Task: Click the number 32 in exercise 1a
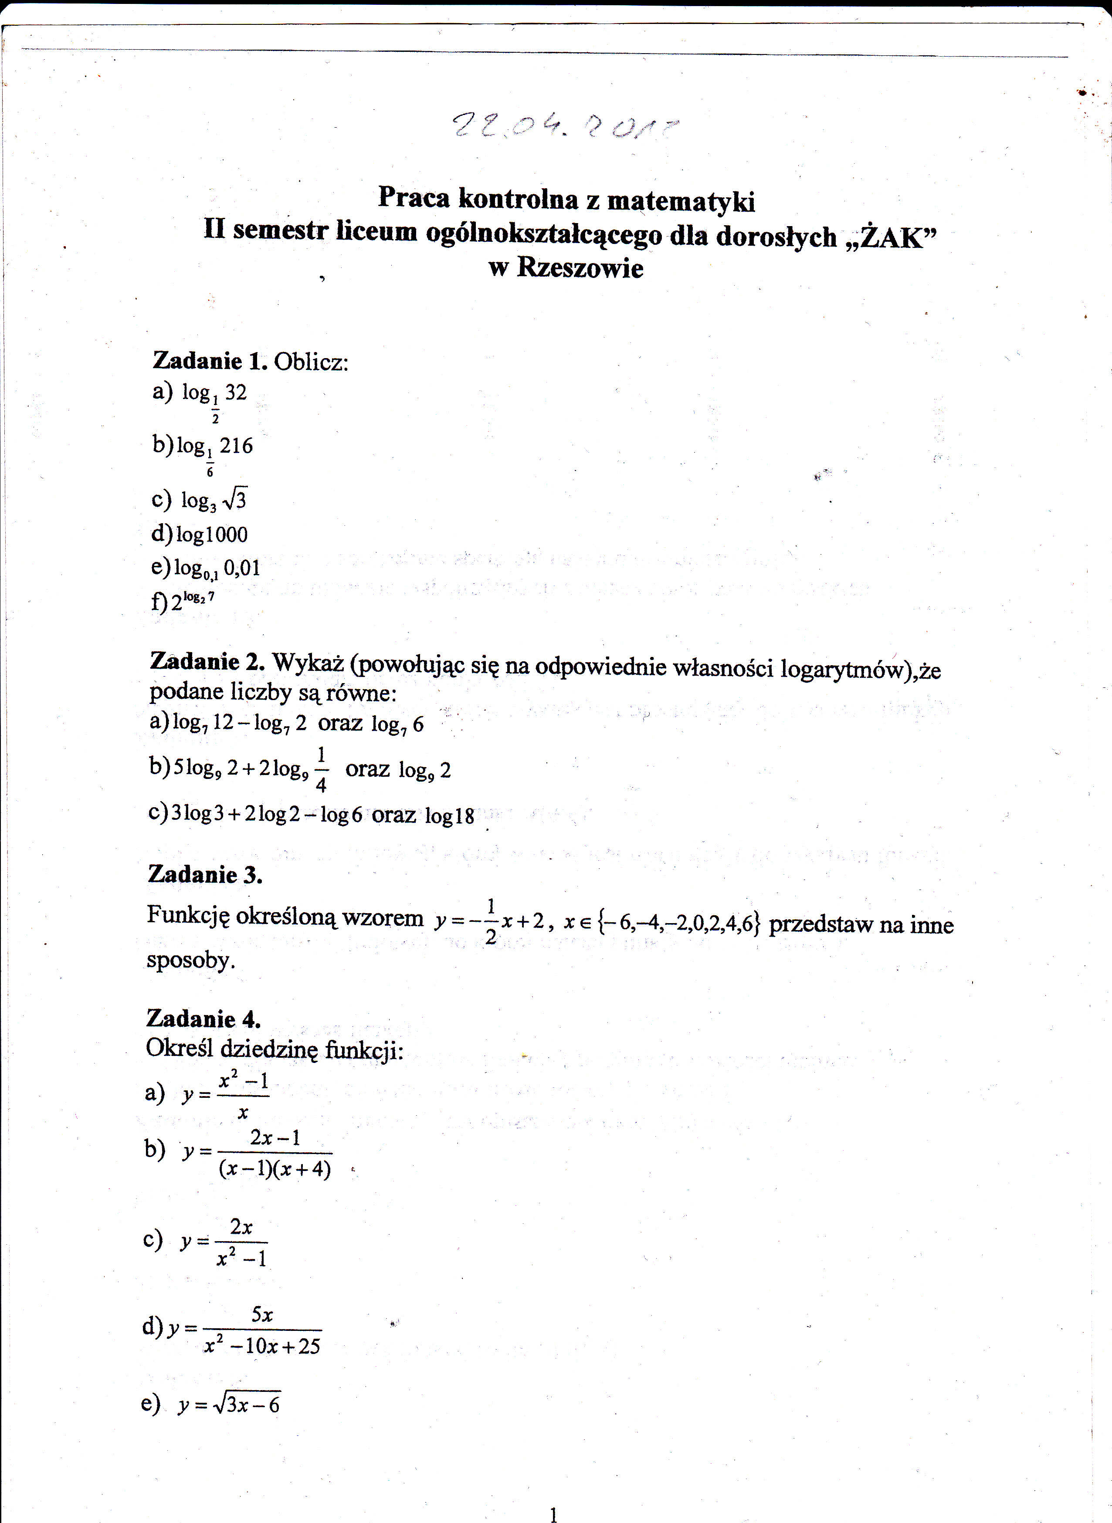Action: [x=236, y=393]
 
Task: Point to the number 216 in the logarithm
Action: [x=236, y=446]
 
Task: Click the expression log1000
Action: [x=211, y=535]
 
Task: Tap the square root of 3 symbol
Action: [x=235, y=499]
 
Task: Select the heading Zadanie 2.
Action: [x=207, y=662]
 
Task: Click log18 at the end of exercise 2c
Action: [x=450, y=816]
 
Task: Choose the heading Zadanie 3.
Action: [x=205, y=875]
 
